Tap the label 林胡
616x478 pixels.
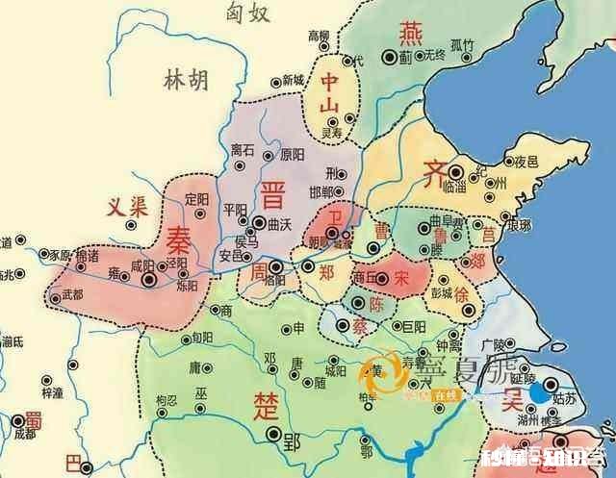186,79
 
